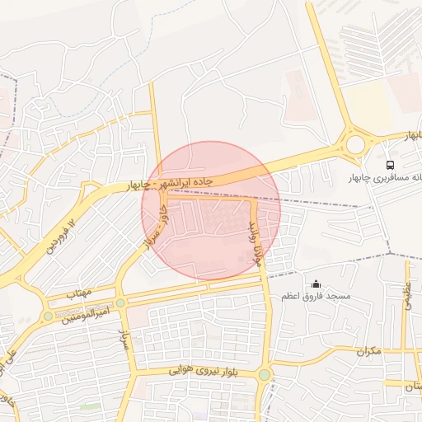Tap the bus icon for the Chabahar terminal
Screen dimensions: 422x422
click(391, 163)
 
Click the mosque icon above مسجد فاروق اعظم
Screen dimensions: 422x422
click(316, 284)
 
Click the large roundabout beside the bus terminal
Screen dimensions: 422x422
click(355, 144)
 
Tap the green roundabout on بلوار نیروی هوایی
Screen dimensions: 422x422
click(264, 375)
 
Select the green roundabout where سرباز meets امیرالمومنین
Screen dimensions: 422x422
click(121, 303)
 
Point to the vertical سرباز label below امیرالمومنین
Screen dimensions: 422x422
click(128, 340)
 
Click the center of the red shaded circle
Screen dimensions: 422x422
click(211, 209)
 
